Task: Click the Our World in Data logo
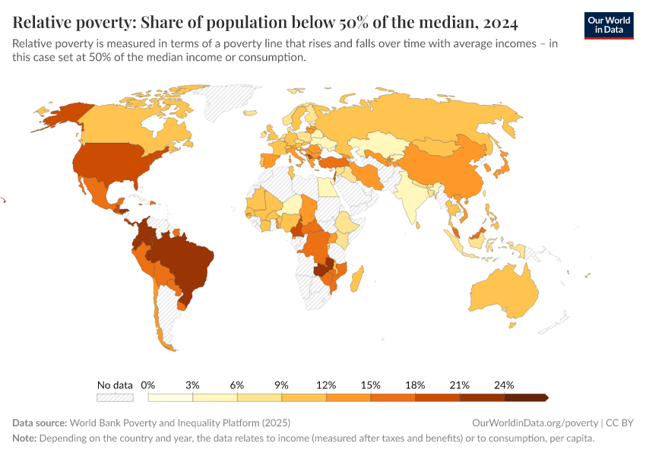(x=609, y=25)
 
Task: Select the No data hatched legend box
(x=115, y=397)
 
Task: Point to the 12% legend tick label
(x=326, y=385)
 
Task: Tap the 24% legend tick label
(x=504, y=385)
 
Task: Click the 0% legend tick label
(x=148, y=385)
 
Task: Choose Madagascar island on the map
(x=357, y=277)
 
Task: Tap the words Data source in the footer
(x=39, y=423)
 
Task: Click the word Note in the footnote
(x=24, y=439)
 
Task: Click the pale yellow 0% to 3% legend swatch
(x=170, y=397)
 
